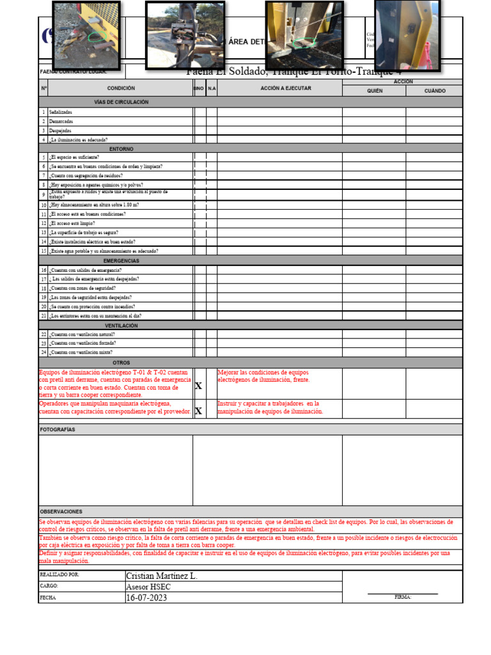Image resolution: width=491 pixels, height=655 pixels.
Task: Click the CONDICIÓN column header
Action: coord(121,88)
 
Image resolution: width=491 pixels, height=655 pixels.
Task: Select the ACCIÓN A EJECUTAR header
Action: coord(285,88)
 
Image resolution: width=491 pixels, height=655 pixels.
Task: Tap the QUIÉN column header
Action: coord(374,91)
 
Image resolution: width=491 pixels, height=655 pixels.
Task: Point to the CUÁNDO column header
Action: coord(435,91)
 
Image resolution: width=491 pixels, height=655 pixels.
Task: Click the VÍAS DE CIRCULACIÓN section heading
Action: coord(121,102)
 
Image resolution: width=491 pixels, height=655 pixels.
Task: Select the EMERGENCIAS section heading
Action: coord(121,261)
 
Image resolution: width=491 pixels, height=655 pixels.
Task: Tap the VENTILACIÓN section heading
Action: coord(121,326)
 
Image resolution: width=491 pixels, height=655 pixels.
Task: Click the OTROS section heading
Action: coord(121,363)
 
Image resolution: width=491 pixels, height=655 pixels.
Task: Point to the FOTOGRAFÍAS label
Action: coord(58,429)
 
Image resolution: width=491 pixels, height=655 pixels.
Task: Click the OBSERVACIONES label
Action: coord(61,512)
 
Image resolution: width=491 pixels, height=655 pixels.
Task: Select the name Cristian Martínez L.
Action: coord(162,576)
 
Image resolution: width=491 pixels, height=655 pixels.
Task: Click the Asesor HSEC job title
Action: coord(148,587)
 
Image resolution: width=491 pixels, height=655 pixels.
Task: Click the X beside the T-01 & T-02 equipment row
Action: coord(198,386)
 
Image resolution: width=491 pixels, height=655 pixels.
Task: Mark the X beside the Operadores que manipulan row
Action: coord(198,411)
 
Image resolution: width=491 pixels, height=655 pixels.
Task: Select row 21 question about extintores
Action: coord(96,316)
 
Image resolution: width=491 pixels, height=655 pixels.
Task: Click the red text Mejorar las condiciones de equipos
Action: coord(263,372)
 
